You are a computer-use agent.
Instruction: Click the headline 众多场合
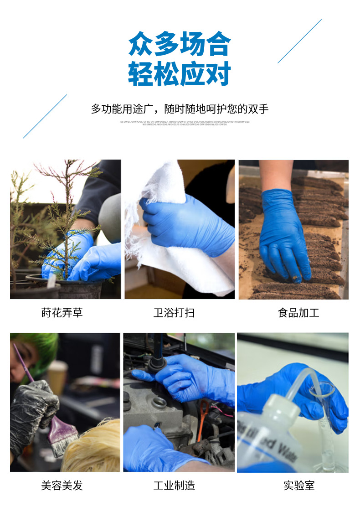180,44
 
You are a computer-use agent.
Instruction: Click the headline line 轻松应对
180,74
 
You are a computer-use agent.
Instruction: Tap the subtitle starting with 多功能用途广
180,109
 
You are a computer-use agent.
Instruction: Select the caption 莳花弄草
62,313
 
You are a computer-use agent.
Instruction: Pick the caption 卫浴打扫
174,313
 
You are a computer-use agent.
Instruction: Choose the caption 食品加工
298,313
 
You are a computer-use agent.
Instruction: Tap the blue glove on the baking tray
283,233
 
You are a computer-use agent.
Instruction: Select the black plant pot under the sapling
80,288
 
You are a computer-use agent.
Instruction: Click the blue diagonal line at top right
299,41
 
